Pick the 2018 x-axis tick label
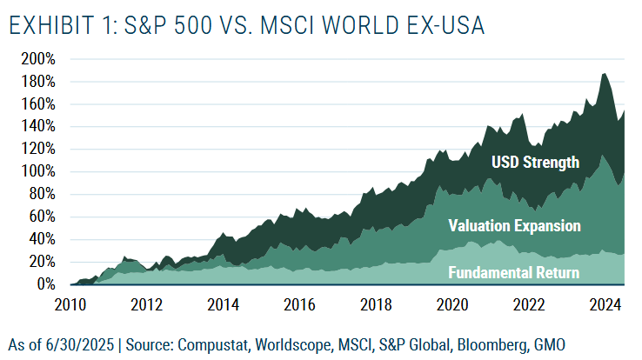[375, 304]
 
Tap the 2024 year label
[603, 304]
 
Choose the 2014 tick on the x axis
[223, 304]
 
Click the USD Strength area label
[535, 162]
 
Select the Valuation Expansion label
[514, 226]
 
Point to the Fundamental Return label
[514, 273]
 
